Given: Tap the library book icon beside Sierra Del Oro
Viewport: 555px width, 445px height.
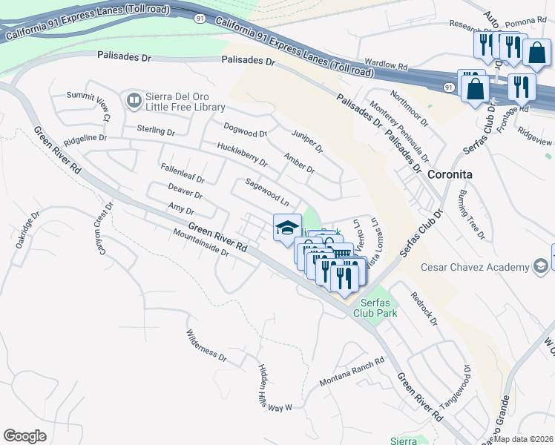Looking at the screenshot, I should (x=134, y=99).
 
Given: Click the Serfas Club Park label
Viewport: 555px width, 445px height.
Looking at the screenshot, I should (x=378, y=308).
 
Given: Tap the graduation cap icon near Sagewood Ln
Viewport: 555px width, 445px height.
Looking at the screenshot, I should (x=287, y=228).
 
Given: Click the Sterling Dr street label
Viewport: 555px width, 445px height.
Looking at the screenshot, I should (x=155, y=131).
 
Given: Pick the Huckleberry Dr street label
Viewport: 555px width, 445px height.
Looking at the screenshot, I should (x=242, y=155).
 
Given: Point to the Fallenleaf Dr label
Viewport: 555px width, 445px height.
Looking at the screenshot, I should (x=182, y=173).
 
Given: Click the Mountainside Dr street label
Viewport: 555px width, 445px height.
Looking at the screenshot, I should (x=200, y=242).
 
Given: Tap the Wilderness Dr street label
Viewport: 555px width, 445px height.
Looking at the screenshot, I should (x=206, y=345).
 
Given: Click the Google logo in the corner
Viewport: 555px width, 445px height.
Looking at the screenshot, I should (x=24, y=435).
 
